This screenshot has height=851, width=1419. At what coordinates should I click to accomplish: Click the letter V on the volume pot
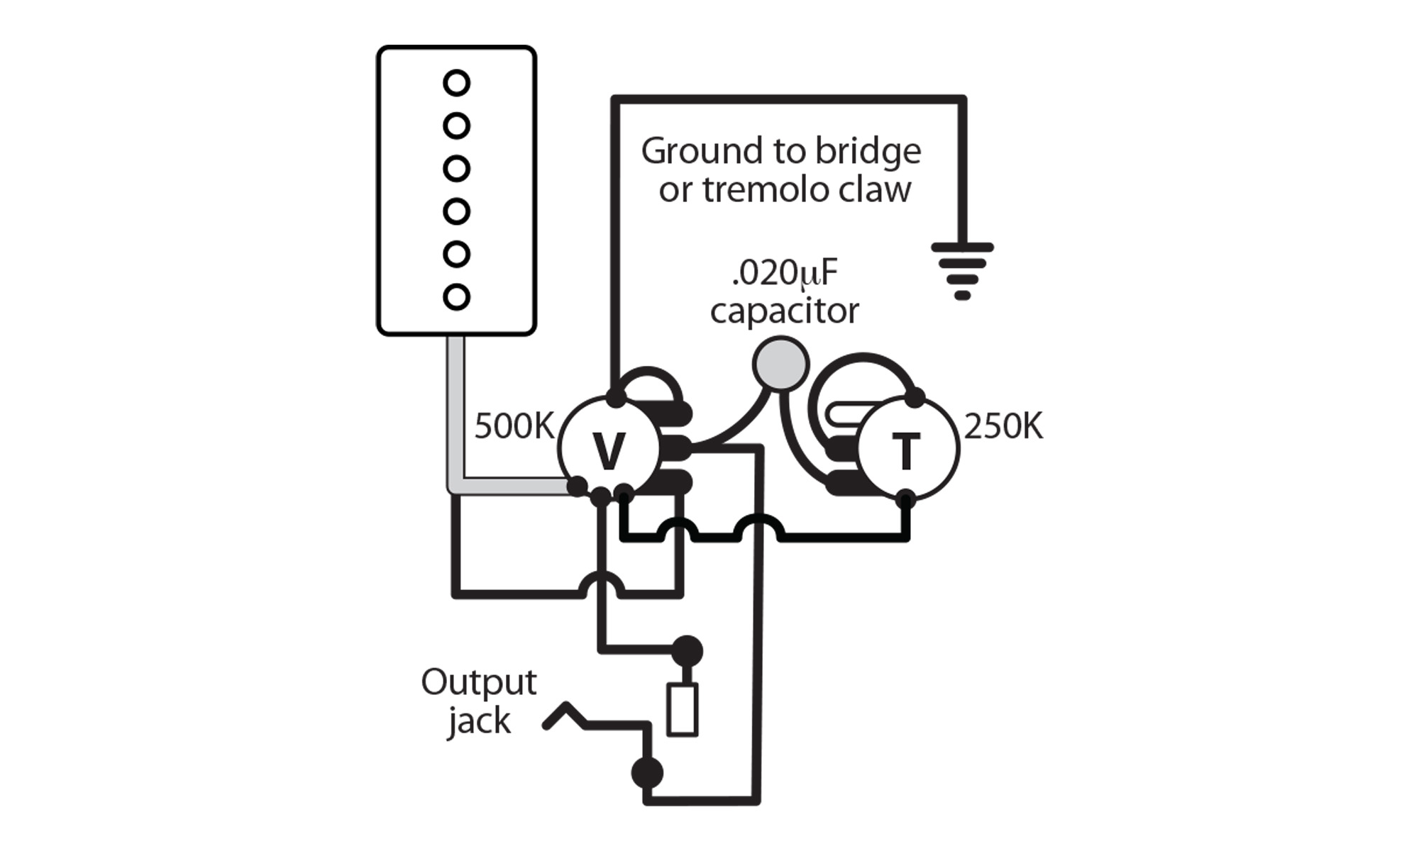(x=609, y=451)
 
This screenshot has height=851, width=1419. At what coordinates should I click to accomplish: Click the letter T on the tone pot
(x=905, y=451)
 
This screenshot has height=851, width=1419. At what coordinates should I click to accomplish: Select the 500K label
(x=514, y=426)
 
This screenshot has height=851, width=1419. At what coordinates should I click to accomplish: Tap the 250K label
(x=1003, y=427)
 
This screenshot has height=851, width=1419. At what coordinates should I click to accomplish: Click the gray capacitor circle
(x=780, y=364)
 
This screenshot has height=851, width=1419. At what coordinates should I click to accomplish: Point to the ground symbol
(x=962, y=269)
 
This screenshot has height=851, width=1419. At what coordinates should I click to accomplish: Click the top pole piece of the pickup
(x=456, y=83)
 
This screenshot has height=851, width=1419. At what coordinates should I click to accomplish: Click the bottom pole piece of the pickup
(x=456, y=296)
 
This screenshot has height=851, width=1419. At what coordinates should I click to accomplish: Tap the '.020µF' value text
(x=784, y=273)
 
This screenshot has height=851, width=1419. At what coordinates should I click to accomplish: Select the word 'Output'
(x=478, y=682)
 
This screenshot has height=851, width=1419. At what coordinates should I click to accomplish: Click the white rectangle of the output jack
(x=683, y=709)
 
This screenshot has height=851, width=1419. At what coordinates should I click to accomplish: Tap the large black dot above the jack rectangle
(x=686, y=650)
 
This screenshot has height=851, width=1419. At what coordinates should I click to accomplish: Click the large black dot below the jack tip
(x=646, y=773)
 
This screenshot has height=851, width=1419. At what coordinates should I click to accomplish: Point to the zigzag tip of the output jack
(x=565, y=715)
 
